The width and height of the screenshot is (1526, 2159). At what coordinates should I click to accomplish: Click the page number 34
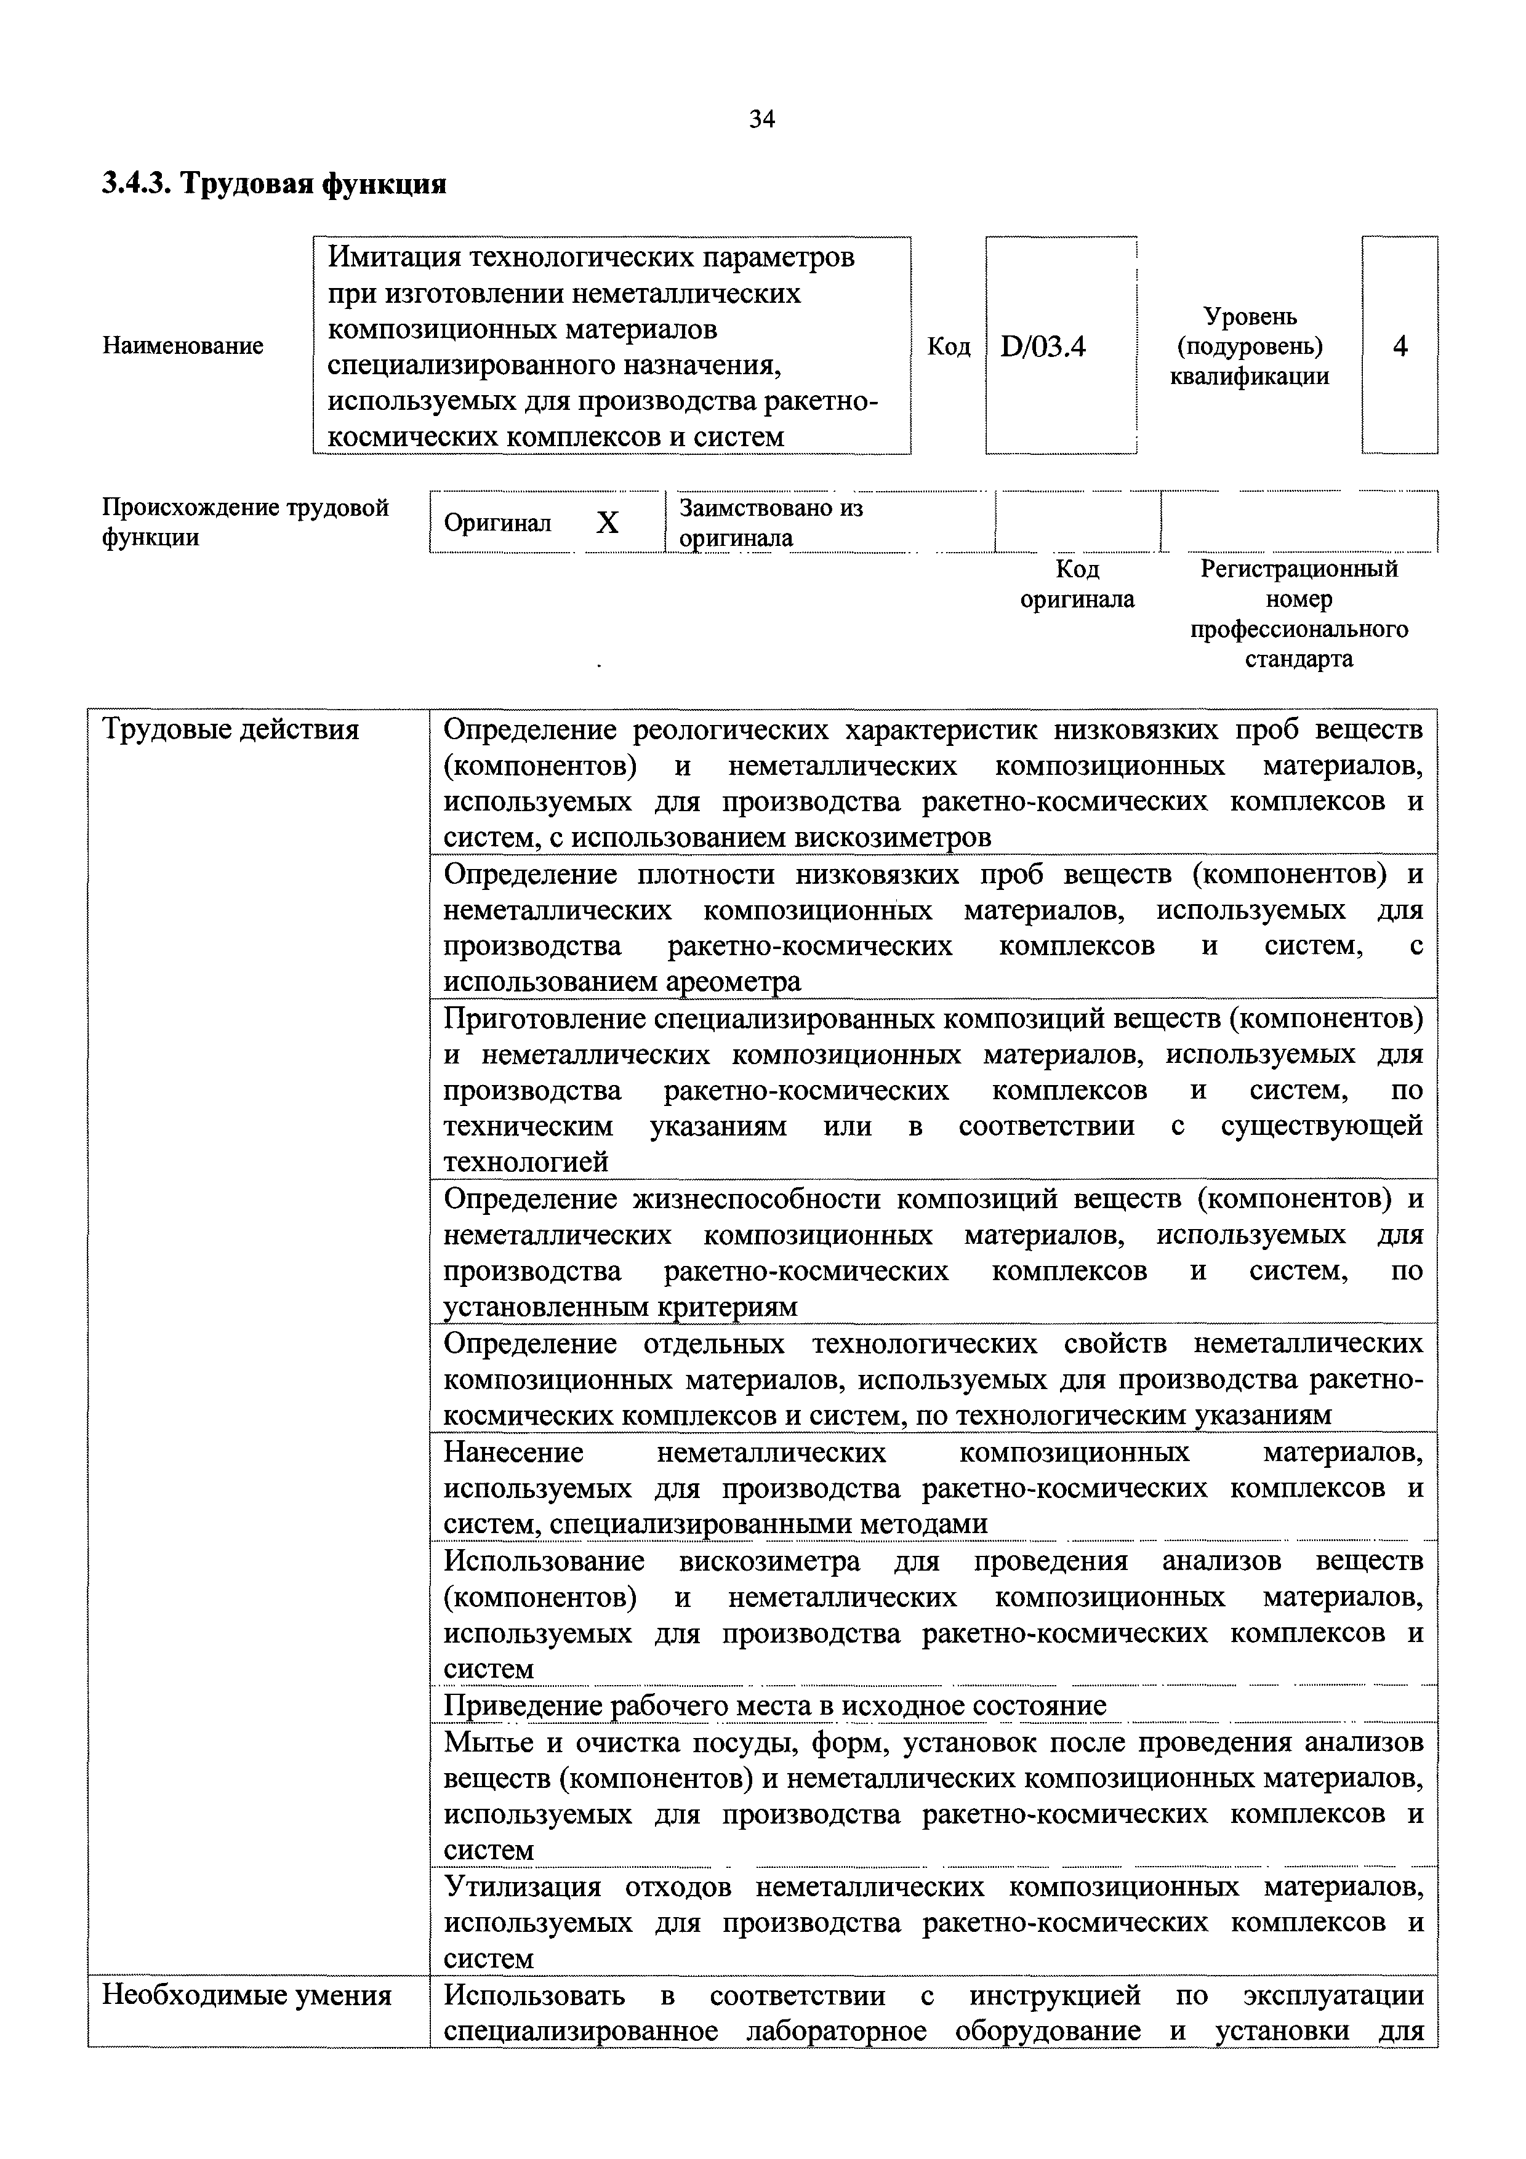pos(761,119)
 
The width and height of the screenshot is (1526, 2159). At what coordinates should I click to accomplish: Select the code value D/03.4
pos(1043,347)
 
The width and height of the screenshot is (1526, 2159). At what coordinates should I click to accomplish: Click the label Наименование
pos(182,346)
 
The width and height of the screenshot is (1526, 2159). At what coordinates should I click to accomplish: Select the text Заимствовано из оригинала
pos(771,523)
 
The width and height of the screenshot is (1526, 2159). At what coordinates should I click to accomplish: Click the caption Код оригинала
pos(1077,584)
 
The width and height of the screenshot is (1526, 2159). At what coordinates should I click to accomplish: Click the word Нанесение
pos(513,1453)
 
